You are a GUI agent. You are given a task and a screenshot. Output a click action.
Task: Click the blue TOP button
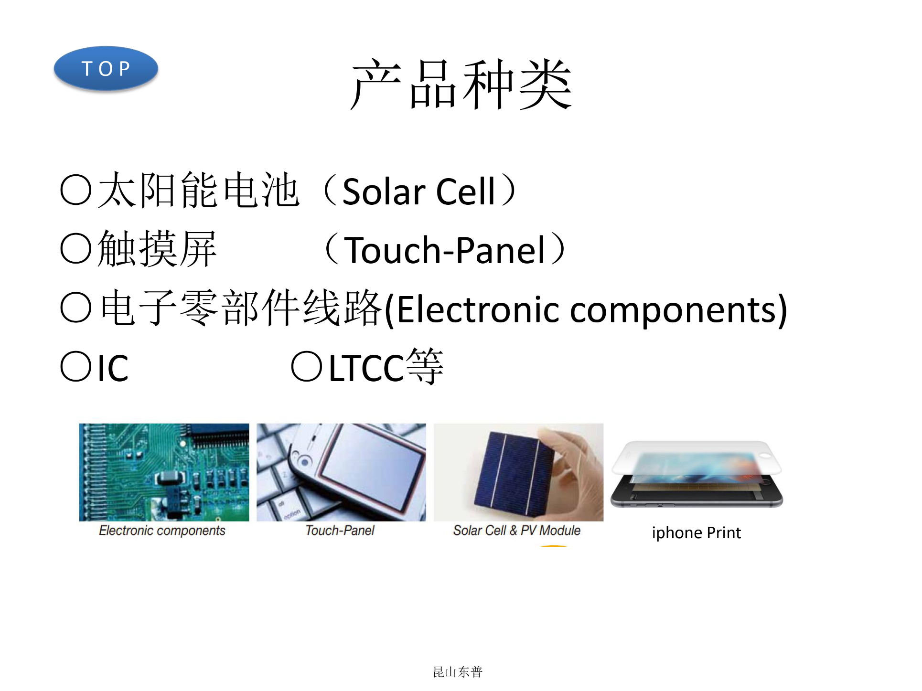pos(106,68)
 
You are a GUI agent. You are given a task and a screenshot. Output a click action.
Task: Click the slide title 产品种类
pos(461,85)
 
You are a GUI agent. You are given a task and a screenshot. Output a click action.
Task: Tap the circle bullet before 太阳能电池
pos(76,190)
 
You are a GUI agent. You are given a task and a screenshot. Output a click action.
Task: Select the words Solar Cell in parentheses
pos(419,191)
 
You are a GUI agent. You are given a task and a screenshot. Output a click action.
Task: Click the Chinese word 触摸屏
pos(157,249)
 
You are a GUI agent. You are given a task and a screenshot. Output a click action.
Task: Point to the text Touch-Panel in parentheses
pos(445,250)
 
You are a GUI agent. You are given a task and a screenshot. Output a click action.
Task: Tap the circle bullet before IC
pos(76,366)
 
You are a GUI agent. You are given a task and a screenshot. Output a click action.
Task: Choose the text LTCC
pos(366,368)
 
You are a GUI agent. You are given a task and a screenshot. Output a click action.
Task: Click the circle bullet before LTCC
pos(307,366)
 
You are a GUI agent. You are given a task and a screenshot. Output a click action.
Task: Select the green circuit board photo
pos(164,472)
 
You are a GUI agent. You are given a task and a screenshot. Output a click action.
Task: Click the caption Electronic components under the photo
pos(162,531)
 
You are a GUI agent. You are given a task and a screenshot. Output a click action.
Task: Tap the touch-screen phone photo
pos(341,472)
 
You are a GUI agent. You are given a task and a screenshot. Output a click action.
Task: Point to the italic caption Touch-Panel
pos(340,531)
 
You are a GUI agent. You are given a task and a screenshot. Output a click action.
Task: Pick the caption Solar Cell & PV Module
pos(516,531)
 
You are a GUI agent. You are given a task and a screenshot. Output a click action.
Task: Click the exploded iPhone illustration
pos(697,474)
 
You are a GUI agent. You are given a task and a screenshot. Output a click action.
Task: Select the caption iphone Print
pos(696,533)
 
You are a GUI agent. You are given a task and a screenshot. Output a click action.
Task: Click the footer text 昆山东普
pos(458,672)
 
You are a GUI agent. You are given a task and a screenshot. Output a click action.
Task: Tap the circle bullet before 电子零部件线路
pos(76,308)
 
